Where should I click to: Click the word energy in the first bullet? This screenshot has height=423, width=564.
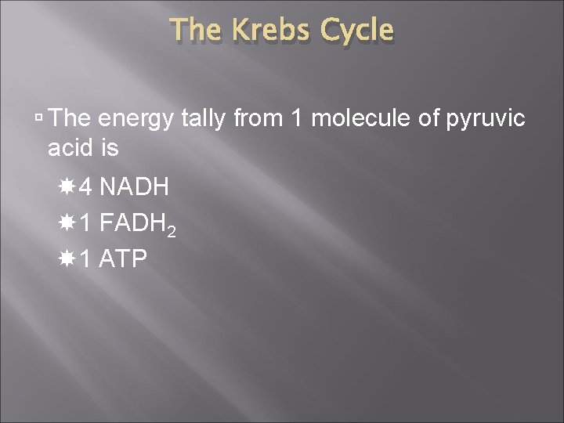[139, 120]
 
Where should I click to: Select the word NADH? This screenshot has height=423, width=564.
[136, 187]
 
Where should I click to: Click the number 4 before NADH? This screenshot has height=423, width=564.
[87, 187]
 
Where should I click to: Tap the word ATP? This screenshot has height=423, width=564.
[124, 258]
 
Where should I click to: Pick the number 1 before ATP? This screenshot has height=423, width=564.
[86, 258]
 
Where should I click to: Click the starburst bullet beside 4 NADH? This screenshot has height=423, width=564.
[67, 187]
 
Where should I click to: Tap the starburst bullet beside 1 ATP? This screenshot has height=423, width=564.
[67, 258]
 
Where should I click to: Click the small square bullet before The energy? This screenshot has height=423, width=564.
[39, 119]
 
